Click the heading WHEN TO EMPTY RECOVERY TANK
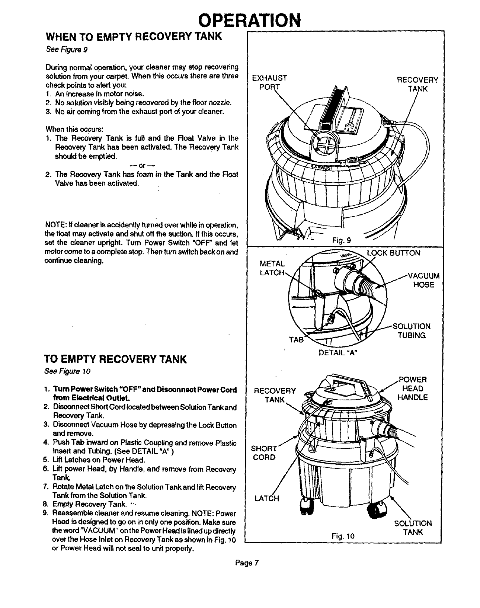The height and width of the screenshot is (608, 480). [133, 37]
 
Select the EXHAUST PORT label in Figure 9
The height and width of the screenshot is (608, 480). [269, 83]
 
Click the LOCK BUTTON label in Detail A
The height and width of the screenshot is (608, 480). [393, 253]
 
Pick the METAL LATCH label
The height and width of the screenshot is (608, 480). [272, 268]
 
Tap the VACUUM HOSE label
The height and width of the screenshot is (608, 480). [424, 280]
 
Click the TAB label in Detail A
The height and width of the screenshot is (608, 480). [296, 339]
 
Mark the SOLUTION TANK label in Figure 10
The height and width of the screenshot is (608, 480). [413, 528]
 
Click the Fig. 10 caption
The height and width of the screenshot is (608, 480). [343, 536]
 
